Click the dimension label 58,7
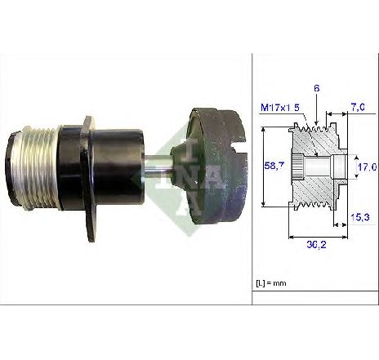[274, 166]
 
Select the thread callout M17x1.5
[280, 108]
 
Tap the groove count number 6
[316, 88]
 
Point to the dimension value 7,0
[358, 107]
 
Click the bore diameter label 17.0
[367, 167]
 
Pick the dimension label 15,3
[360, 217]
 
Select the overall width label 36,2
[316, 245]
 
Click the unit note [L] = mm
[271, 283]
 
